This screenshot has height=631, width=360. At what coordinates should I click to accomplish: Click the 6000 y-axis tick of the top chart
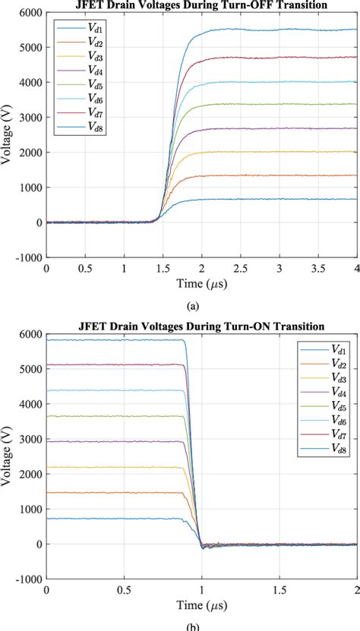click(x=31, y=13)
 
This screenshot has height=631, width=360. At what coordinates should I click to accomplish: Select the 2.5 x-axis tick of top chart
click(x=240, y=268)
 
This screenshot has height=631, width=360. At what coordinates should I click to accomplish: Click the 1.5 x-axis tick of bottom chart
click(x=279, y=589)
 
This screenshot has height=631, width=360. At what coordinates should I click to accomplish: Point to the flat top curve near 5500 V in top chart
click(x=289, y=30)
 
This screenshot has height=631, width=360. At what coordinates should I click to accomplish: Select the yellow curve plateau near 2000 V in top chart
click(x=289, y=152)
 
